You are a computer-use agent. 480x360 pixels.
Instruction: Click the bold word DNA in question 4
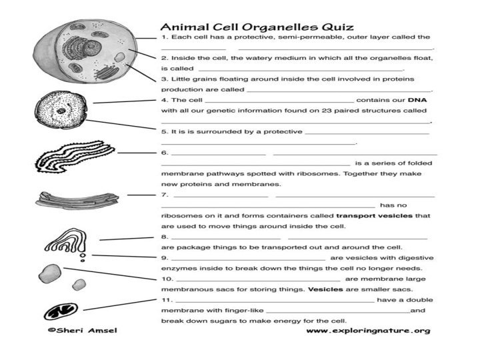pos(417,99)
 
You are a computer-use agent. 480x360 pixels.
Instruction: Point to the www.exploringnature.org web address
pos(367,330)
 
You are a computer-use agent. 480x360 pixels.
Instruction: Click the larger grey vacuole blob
pos(50,273)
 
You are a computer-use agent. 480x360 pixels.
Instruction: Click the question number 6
pos(165,153)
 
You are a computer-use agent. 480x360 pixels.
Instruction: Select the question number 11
pos(166,299)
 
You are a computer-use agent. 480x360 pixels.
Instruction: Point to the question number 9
pos(165,257)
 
